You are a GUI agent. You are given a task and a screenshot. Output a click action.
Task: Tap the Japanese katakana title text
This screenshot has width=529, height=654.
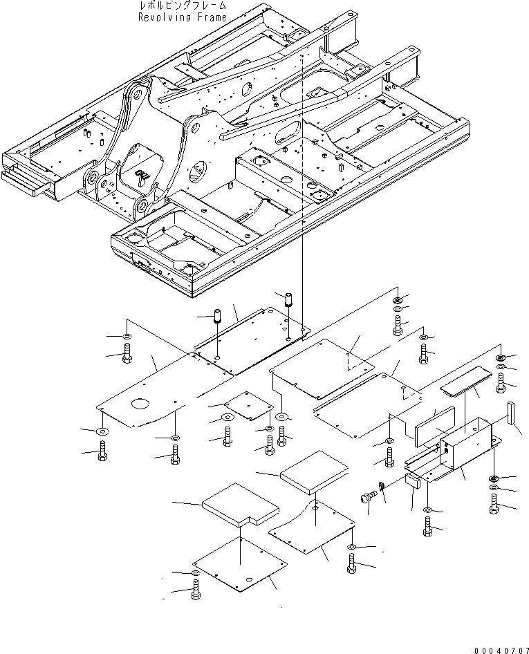click(x=181, y=6)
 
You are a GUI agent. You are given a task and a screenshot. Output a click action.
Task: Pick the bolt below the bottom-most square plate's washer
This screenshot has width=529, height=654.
click(x=196, y=590)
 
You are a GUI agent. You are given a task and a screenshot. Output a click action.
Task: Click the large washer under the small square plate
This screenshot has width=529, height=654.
click(x=227, y=419)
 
